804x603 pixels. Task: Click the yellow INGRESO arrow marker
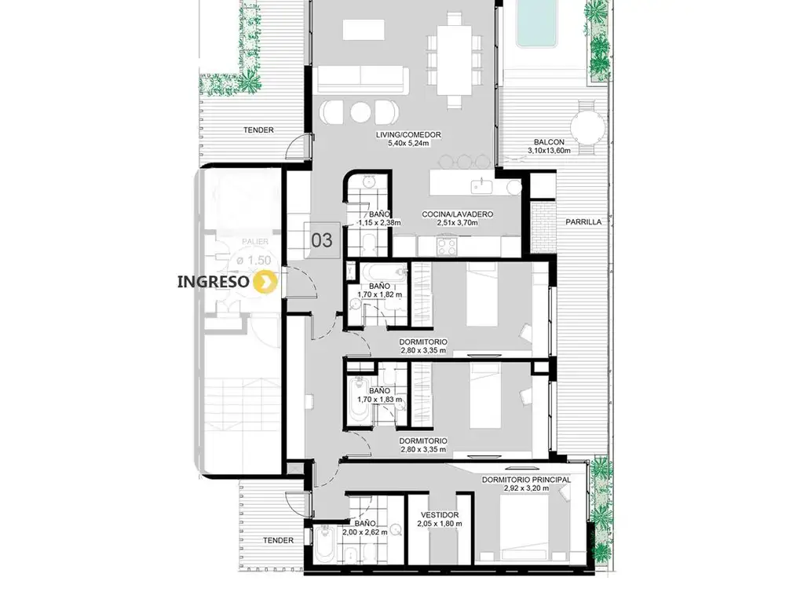point(266,282)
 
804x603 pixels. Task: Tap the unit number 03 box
point(322,240)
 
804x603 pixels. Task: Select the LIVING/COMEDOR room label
point(408,135)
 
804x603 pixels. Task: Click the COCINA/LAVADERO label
point(458,214)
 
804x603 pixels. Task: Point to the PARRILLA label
point(583,222)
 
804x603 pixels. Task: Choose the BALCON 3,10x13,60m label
point(549,146)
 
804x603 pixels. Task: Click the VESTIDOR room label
point(440,515)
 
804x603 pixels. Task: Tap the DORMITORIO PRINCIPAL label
point(526,480)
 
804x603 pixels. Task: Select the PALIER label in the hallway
point(255,242)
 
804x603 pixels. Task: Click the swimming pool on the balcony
point(535,23)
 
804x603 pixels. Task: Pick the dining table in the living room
point(455,60)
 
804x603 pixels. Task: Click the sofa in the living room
point(362,80)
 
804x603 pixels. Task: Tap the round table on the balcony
point(588,128)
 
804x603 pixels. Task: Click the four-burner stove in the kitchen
point(447,246)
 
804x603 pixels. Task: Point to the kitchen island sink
point(482,185)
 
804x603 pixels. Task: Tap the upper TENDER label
point(258,130)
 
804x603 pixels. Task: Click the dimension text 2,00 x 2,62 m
point(365,532)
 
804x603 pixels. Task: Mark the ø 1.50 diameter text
point(254,261)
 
